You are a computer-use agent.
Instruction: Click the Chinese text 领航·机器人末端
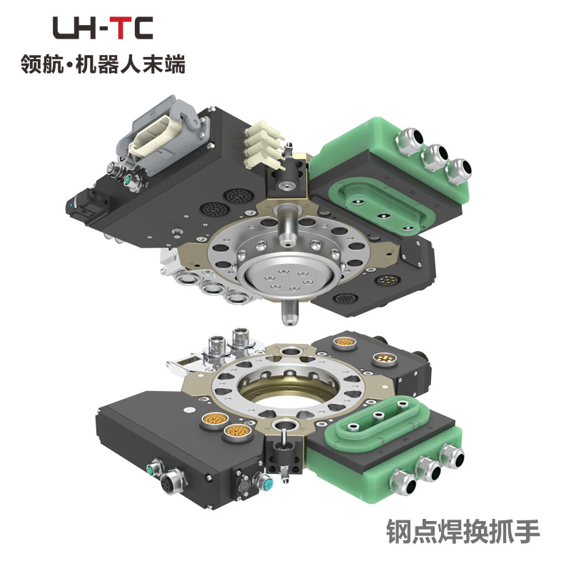[x=103, y=64]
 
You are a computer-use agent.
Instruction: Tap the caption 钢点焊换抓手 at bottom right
[x=463, y=532]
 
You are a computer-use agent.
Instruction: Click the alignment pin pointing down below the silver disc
[x=290, y=313]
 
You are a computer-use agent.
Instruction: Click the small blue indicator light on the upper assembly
[x=70, y=205]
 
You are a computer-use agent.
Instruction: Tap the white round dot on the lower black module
[x=189, y=410]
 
